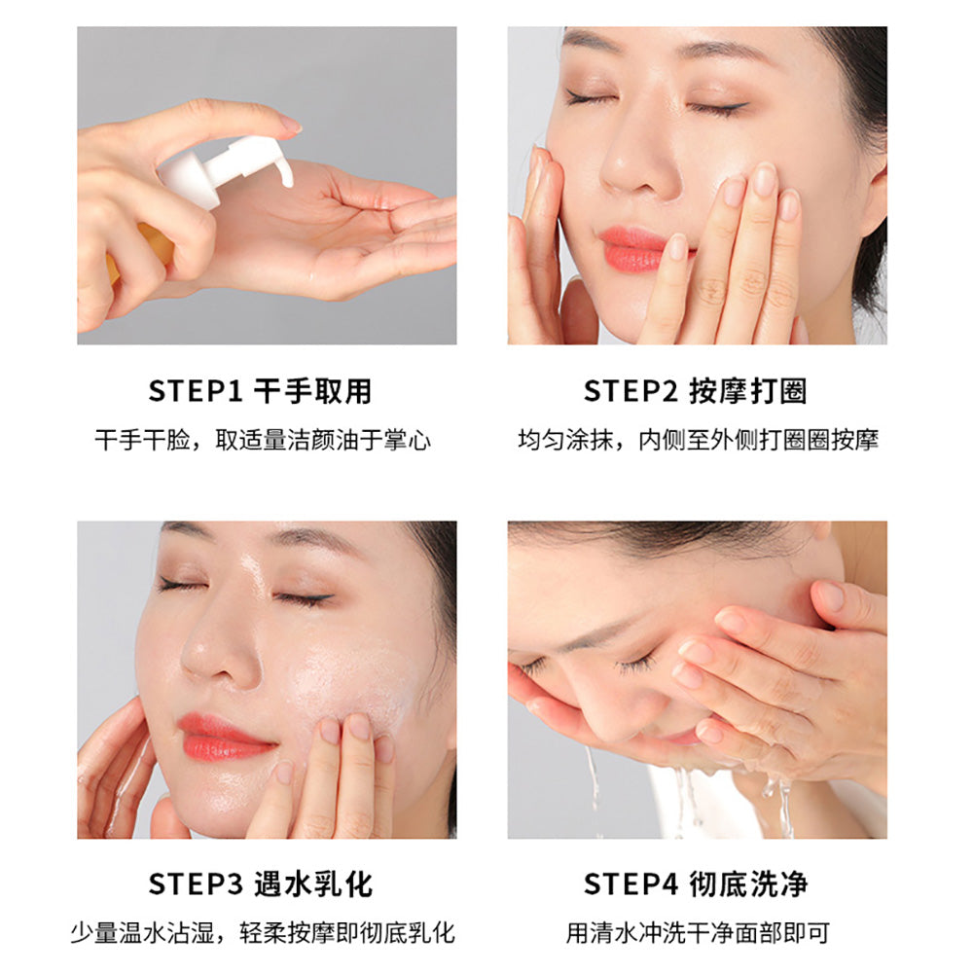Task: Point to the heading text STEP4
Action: tap(630, 884)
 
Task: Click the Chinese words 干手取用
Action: tap(312, 391)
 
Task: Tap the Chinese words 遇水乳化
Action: tap(312, 884)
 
